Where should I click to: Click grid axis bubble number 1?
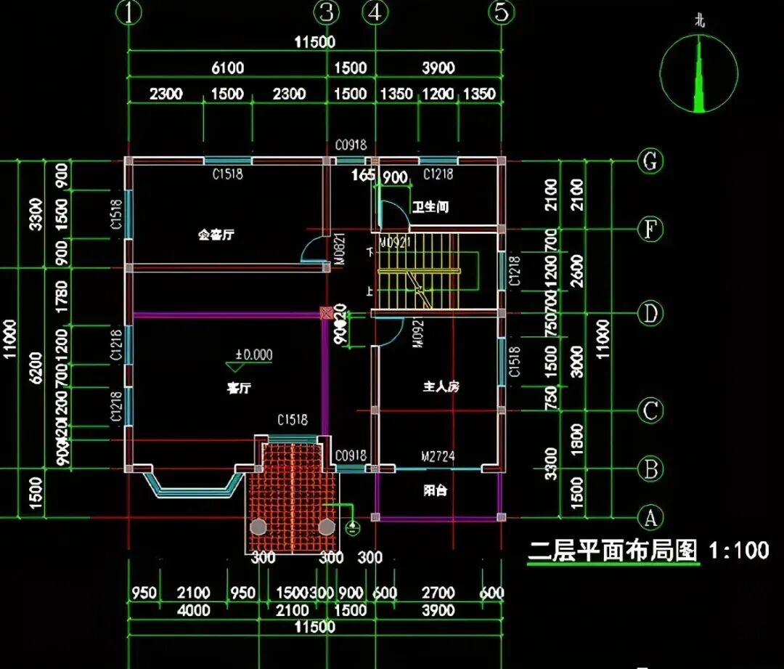tap(128, 12)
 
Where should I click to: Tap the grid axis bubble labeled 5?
tap(501, 12)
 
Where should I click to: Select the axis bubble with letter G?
tap(650, 161)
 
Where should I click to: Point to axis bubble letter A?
tap(650, 518)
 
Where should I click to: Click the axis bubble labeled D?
tap(650, 314)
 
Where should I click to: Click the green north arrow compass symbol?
tap(698, 73)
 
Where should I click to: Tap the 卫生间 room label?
tap(430, 207)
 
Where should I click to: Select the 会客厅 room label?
tap(216, 235)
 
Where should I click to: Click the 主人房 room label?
tap(441, 386)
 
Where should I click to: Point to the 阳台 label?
tap(435, 491)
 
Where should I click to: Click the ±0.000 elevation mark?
tap(253, 355)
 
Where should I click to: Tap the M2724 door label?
tap(438, 456)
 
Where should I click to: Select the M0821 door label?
tap(338, 246)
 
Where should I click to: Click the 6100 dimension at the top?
tap(227, 68)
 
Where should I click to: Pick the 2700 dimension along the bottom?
tap(438, 593)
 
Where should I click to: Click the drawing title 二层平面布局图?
tap(613, 551)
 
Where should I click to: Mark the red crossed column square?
tap(327, 313)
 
